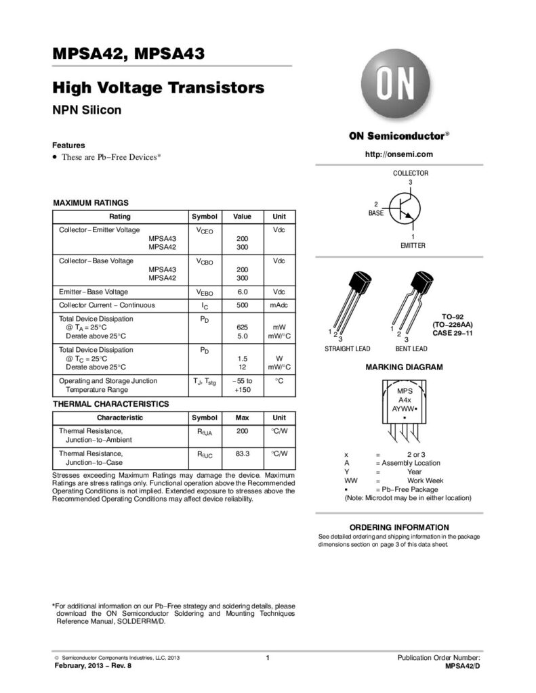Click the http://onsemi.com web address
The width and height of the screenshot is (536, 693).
click(398, 154)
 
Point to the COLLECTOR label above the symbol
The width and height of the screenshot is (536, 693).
click(411, 173)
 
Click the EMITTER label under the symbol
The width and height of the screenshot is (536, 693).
click(413, 245)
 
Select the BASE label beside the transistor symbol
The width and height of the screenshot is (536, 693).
click(375, 213)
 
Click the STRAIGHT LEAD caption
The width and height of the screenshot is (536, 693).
click(347, 349)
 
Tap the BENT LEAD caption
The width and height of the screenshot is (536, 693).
click(411, 349)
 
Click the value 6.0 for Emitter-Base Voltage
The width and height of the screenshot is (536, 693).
click(242, 292)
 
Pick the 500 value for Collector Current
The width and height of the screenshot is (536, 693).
click(242, 305)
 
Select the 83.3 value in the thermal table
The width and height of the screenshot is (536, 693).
click(242, 453)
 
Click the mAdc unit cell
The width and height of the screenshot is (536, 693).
click(279, 305)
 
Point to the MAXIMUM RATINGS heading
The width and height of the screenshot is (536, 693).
click(91, 203)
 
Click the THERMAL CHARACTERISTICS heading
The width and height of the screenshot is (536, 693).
click(111, 404)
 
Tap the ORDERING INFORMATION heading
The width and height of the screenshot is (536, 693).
click(398, 527)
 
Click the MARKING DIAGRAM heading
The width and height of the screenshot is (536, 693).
click(404, 367)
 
